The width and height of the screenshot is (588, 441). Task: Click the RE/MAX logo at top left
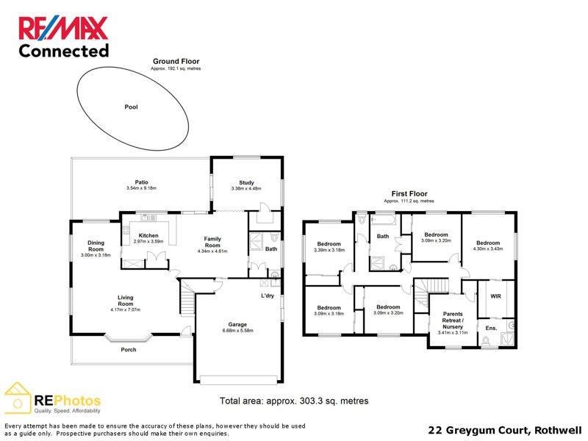[x=63, y=29]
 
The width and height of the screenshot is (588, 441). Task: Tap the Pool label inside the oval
[x=131, y=107]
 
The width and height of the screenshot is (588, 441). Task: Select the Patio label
[x=142, y=182]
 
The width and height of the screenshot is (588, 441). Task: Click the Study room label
[x=246, y=182]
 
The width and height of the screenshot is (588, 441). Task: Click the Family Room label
[x=212, y=242]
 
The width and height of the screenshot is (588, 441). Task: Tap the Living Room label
[x=126, y=301]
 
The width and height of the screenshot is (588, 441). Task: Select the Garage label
[x=237, y=324]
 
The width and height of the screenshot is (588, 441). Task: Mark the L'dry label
[x=268, y=295]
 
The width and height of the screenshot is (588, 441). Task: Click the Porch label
[x=129, y=349]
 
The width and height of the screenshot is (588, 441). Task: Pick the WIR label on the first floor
[x=495, y=295]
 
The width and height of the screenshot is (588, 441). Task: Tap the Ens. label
[x=492, y=327]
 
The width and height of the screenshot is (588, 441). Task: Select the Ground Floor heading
[x=176, y=61]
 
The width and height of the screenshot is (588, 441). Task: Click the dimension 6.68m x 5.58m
[x=237, y=331]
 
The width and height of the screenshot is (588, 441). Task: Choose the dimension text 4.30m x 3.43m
[x=487, y=250]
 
